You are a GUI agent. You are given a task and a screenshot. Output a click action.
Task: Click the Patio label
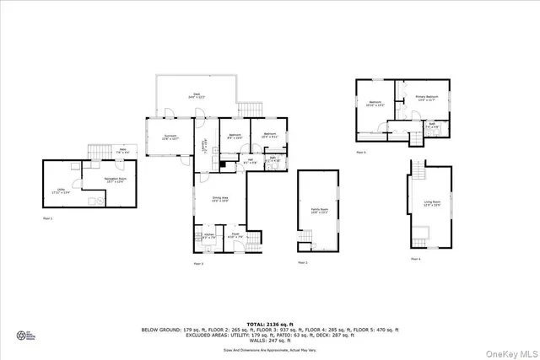pos(121,151)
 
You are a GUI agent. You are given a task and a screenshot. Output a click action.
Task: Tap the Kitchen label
pos(208,237)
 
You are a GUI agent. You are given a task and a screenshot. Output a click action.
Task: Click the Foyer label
pos(236,236)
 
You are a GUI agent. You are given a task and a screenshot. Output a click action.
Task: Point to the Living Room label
pos(431,203)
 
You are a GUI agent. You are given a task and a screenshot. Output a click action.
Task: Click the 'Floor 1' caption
pos(48,218)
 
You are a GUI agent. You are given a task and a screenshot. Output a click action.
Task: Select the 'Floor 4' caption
pos(415,259)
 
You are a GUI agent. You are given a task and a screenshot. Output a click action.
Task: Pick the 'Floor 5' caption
pos(361,153)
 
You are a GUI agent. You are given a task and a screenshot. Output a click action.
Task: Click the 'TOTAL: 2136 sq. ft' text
pos(270,324)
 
